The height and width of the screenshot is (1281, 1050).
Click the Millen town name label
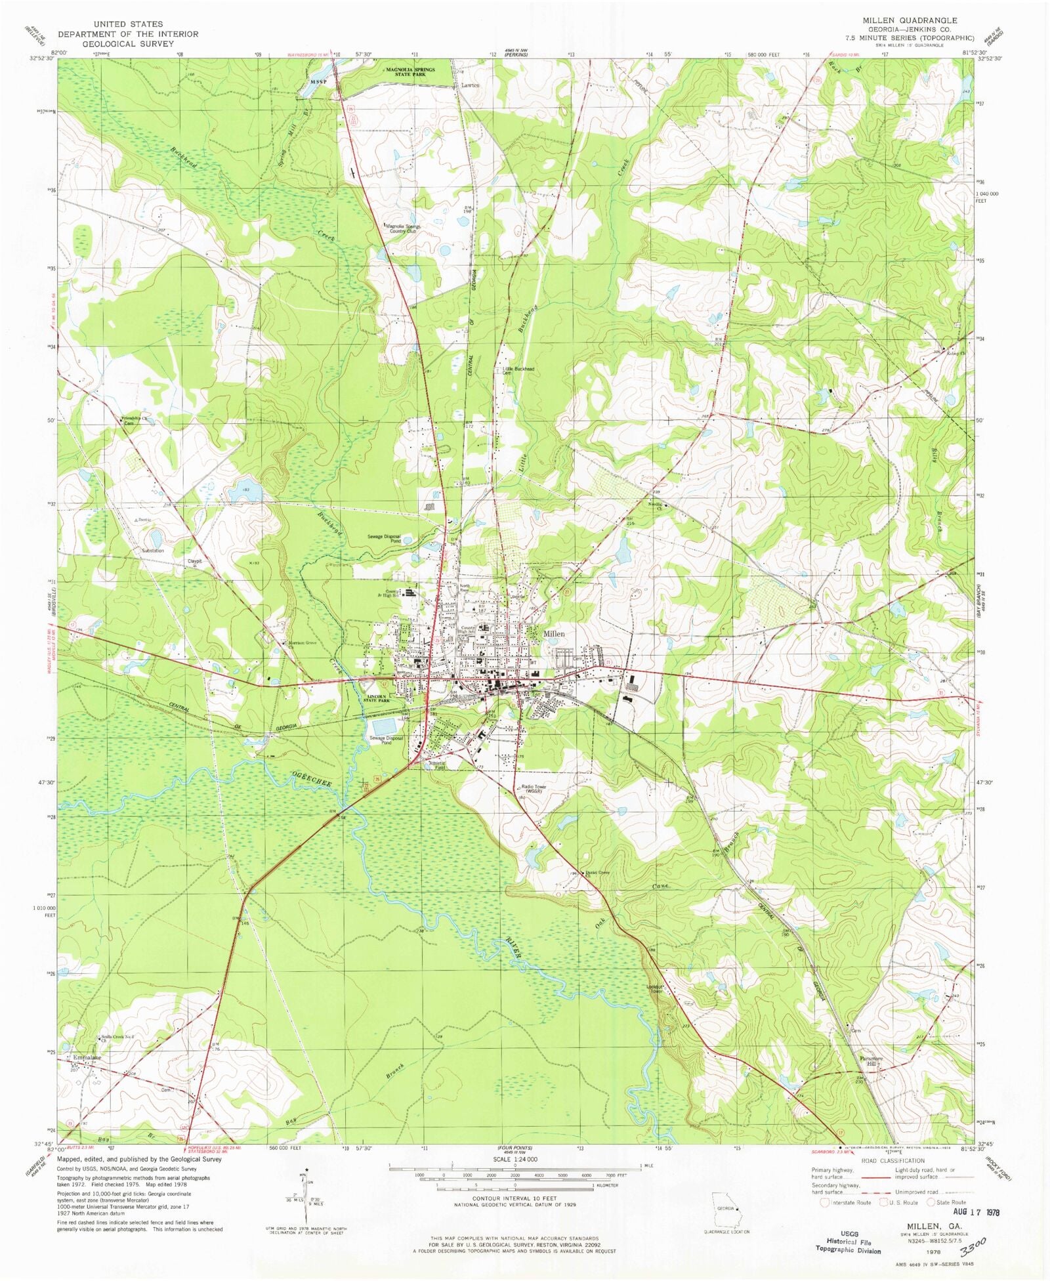tap(554, 634)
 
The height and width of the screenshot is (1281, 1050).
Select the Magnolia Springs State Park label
tap(410, 72)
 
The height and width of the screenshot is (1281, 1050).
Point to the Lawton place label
tap(470, 85)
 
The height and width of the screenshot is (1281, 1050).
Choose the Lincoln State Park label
tap(378, 698)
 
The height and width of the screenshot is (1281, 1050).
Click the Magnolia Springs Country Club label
tap(404, 228)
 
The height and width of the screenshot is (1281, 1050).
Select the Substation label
tap(153, 551)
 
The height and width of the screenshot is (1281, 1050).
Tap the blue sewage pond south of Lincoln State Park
tap(385, 726)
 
